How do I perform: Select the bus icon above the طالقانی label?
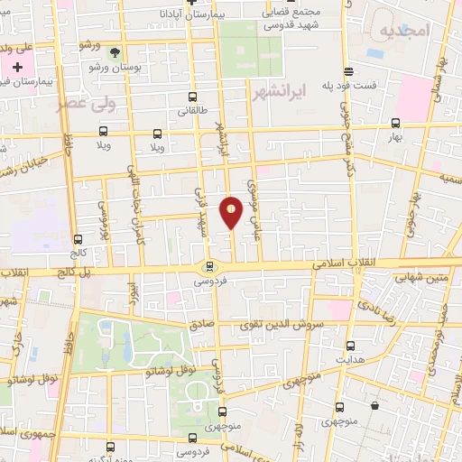click(x=192, y=97)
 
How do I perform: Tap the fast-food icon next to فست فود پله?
click(x=347, y=72)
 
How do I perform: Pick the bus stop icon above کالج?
click(x=77, y=240)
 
